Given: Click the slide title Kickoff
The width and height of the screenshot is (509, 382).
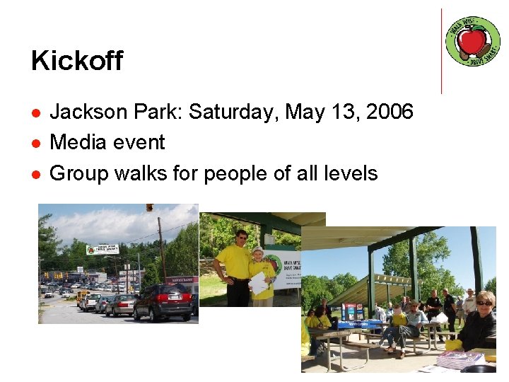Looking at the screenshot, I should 76,61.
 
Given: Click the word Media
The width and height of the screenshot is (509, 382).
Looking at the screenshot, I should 76,142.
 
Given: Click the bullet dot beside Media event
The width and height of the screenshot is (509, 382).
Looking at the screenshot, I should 35,144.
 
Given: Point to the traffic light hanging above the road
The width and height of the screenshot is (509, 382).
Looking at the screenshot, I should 150,208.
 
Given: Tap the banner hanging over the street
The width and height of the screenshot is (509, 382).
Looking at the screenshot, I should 102,250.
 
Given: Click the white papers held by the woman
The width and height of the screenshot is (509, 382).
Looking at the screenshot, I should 259,282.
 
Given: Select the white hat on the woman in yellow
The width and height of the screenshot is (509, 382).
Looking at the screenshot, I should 257,250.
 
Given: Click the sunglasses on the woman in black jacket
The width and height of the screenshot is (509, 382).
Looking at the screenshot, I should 484,303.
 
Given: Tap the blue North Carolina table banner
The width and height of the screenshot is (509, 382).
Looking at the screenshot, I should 360,324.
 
